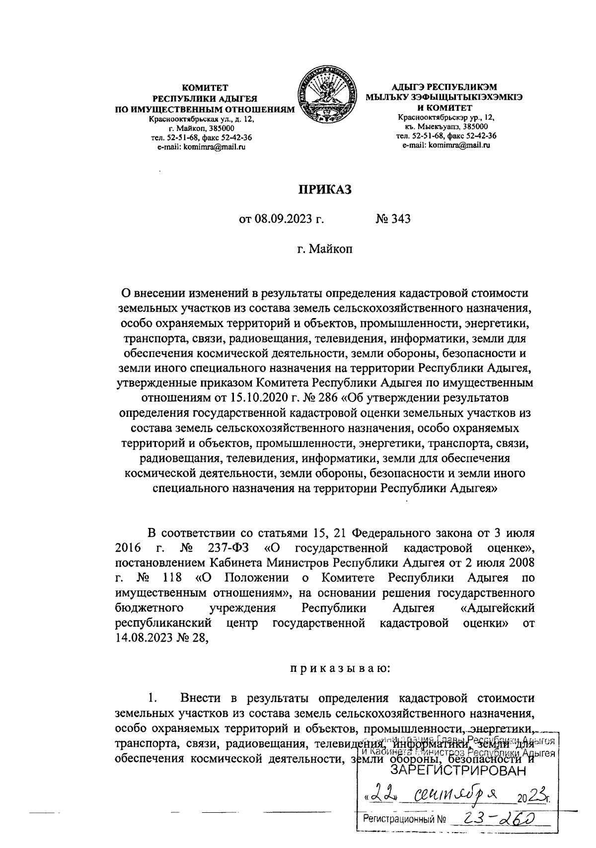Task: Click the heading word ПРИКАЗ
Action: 324,189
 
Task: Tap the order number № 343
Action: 393,219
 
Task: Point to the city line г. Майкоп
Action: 324,249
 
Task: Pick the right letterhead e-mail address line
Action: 446,145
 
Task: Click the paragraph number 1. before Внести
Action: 153,698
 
